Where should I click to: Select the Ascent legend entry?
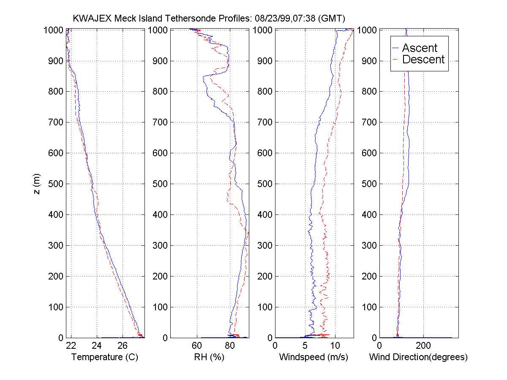pos(420,48)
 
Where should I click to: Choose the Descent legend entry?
pos(423,60)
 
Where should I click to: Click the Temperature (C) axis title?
pos(105,357)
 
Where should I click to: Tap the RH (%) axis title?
pos(209,357)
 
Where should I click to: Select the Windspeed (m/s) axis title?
pos(313,357)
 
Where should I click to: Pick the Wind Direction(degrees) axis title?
pos(418,357)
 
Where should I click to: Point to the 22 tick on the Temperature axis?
pos(71,346)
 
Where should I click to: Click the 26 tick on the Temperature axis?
pos(122,346)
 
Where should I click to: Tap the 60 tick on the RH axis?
pos(197,346)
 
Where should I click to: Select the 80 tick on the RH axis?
pos(230,346)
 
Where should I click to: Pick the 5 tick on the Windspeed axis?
pos(305,346)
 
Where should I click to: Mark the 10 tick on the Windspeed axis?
pos(335,346)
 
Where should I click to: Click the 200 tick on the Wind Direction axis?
pos(424,346)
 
